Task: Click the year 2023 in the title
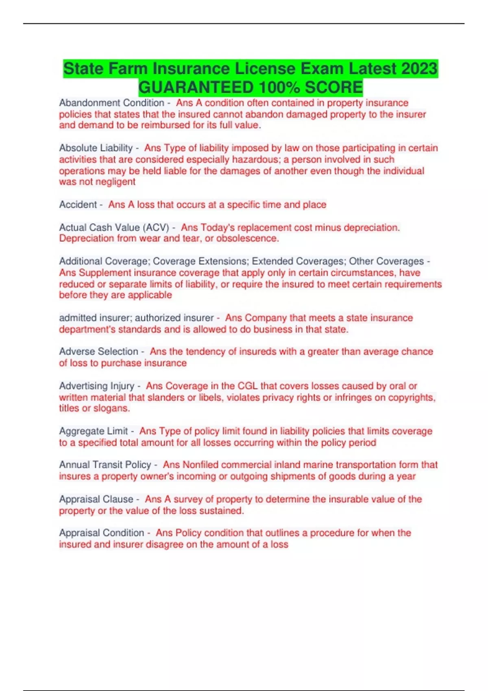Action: point(419,68)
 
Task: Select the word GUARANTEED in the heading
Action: point(196,87)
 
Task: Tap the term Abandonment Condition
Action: point(111,103)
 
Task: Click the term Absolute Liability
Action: point(96,148)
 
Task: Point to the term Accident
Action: point(78,204)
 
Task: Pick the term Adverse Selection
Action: point(99,351)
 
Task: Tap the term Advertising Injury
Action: point(97,386)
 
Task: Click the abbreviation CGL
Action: point(248,386)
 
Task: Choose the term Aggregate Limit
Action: point(94,431)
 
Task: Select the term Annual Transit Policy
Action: point(105,465)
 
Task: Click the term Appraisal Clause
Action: point(96,499)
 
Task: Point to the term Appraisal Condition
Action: point(102,532)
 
